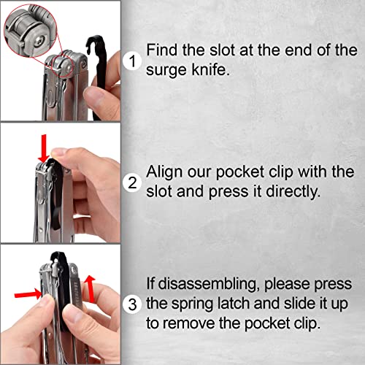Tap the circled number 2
point(131,182)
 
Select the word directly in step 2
point(292,193)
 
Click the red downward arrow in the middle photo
point(43,149)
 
